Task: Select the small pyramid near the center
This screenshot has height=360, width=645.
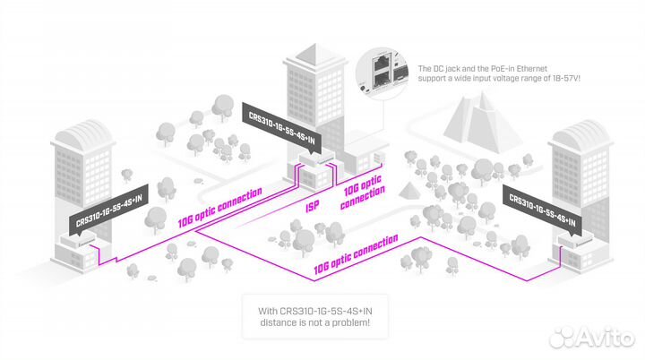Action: (410, 191)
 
